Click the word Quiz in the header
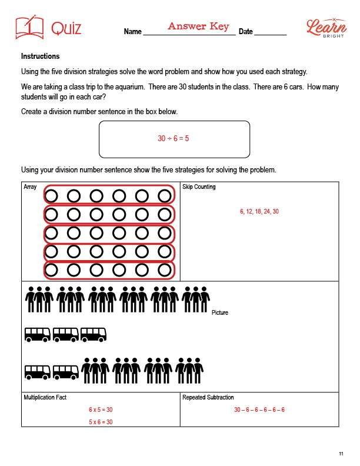pos(66,28)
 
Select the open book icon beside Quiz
pos(29,28)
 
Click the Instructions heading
pos(40,56)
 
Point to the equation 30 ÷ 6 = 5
pos(174,139)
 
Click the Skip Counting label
pos(199,187)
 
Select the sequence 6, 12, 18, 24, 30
pos(259,211)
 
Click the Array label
pos(30,187)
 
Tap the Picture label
pos(220,312)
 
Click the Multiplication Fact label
pos(45,398)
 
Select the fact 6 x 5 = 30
pos(101,410)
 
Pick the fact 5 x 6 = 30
pos(101,422)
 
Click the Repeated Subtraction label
pos(208,398)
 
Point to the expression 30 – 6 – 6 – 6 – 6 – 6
pos(259,410)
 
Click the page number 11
pos(341,453)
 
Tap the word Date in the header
pos(245,32)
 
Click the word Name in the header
pos(133,32)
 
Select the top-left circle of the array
pos(51,195)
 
